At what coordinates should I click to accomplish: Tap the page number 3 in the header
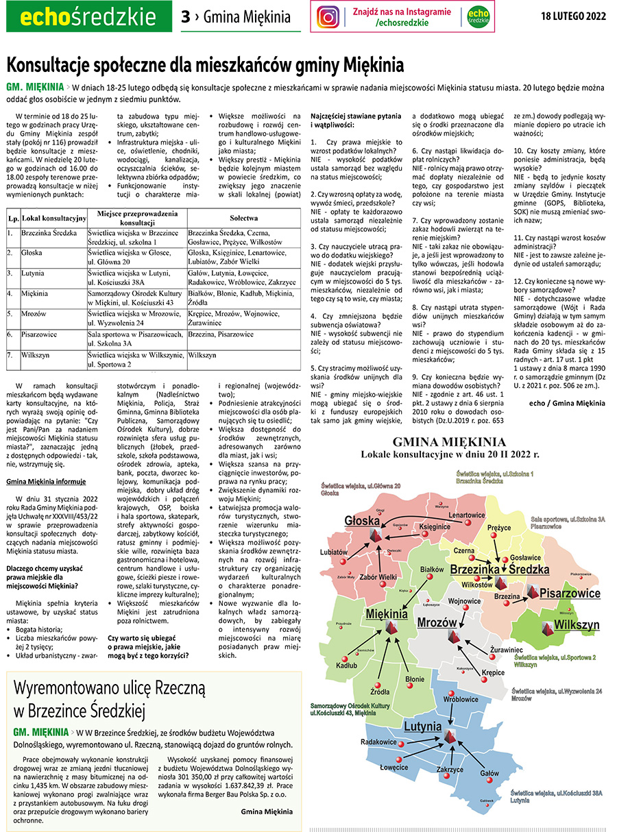[x=185, y=17]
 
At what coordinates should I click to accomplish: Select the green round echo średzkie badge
[x=479, y=17]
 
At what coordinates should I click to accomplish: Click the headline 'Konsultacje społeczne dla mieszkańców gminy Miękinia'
[x=205, y=66]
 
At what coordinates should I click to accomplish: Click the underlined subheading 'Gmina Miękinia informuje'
[x=46, y=481]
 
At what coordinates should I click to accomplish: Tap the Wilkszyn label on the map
[x=577, y=625]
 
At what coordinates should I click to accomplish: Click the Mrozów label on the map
[x=437, y=622]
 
